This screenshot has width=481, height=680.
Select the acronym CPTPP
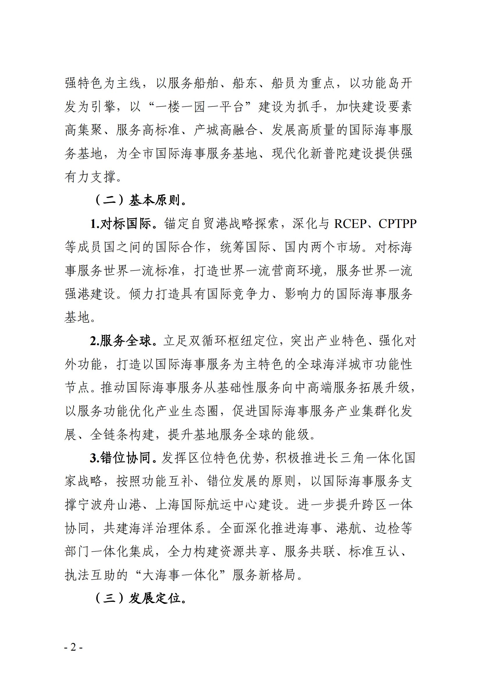point(398,224)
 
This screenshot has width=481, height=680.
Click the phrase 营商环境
point(296,271)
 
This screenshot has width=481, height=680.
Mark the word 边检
point(387,528)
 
